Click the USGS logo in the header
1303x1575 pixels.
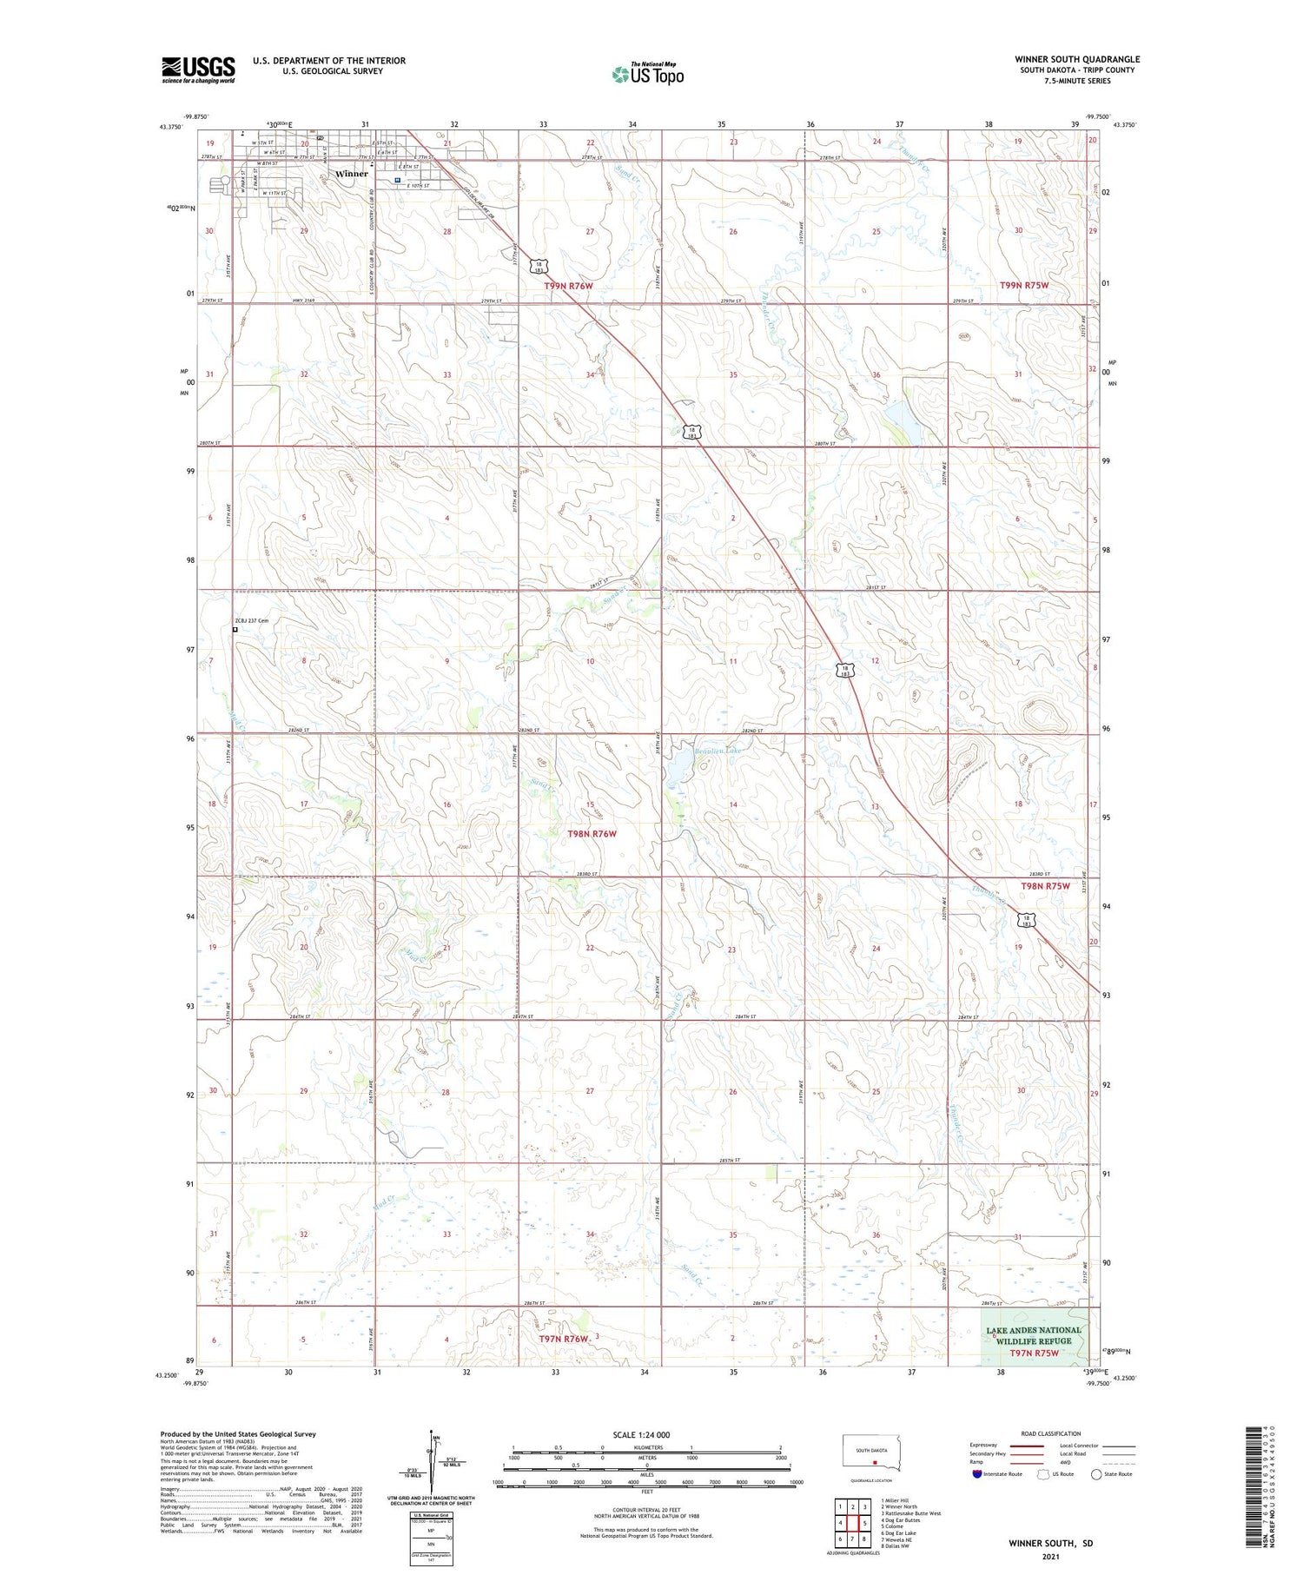click(x=198, y=69)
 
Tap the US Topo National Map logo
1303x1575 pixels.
click(x=648, y=75)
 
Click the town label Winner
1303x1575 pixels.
click(x=352, y=174)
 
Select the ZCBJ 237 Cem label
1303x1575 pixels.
click(x=252, y=620)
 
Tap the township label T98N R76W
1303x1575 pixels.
click(x=592, y=834)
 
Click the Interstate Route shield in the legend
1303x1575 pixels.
click(x=977, y=1474)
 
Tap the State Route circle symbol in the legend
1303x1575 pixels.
click(x=1096, y=1474)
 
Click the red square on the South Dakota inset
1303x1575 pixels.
click(x=875, y=1461)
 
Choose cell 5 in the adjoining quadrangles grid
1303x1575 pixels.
click(x=865, y=1523)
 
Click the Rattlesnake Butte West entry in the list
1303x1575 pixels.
click(x=910, y=1513)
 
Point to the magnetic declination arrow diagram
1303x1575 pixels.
click(x=431, y=1468)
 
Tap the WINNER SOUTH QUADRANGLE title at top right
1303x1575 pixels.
click(x=1077, y=59)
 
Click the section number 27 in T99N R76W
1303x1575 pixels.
click(x=590, y=232)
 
